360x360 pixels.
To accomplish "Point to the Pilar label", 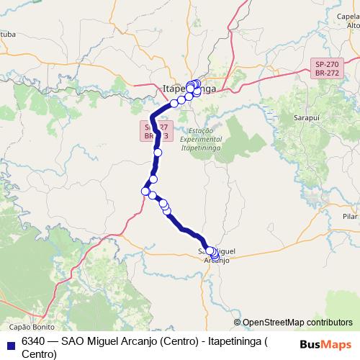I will tap(351, 216).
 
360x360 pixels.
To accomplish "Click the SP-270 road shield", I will tap(327, 64).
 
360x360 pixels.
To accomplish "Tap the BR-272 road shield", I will tap(327, 73).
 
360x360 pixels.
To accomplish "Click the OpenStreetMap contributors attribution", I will tap(297, 323).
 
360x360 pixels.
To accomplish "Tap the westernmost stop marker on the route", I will tap(145, 192).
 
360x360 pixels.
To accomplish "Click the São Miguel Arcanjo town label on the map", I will tap(216, 256).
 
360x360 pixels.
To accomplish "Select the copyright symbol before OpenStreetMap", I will tap(238, 323).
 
